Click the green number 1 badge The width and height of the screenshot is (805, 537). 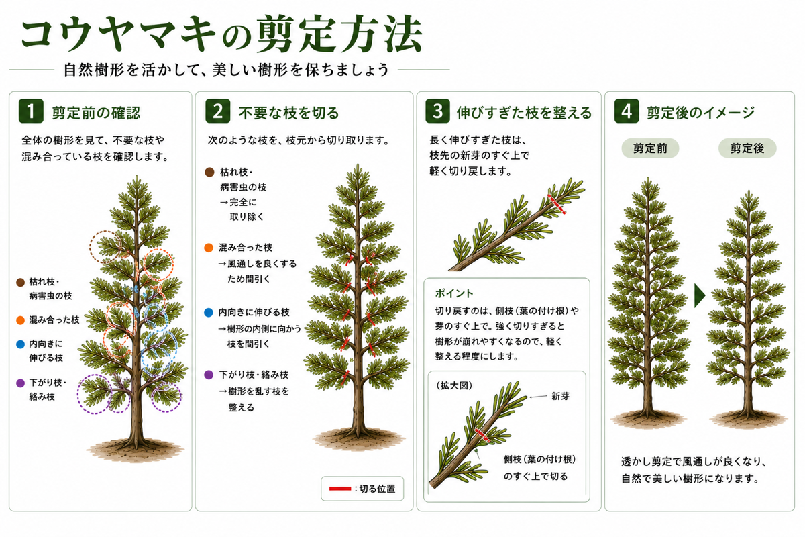point(31,111)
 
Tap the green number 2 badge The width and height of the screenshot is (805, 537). point(218,111)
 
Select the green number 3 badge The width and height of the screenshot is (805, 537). point(437,111)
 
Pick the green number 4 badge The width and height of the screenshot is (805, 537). point(627,111)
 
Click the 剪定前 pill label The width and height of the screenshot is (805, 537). point(650,148)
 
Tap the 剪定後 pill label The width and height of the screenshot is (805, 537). point(747,148)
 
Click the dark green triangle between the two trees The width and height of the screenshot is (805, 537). point(699,295)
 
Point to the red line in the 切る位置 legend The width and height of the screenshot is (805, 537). point(339,489)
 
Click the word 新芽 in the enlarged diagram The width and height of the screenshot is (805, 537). point(561,396)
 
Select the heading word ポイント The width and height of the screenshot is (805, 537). point(454,293)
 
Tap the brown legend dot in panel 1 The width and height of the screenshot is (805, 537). point(21,283)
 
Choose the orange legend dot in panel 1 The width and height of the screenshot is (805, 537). point(21,320)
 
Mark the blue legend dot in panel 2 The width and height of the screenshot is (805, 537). point(209,312)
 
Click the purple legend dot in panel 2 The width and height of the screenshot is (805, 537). point(209,375)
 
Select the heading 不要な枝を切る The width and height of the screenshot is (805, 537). point(288,113)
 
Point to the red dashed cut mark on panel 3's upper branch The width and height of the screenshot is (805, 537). point(556,204)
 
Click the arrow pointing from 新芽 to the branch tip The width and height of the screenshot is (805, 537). point(538,397)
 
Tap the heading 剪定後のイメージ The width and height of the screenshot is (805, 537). point(700,113)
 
